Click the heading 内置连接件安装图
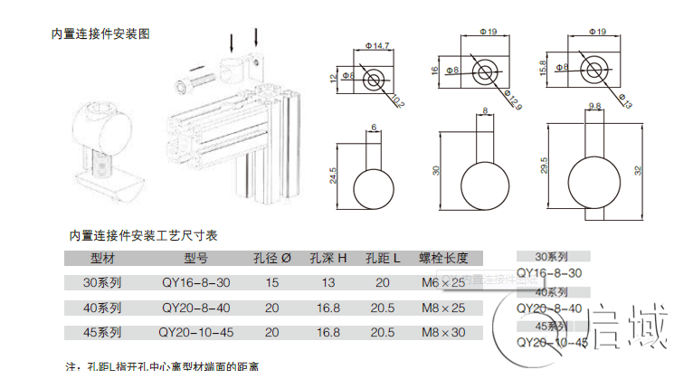pyautogui.click(x=100, y=33)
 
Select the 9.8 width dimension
pyautogui.click(x=594, y=107)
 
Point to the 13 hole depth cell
pyautogui.click(x=328, y=282)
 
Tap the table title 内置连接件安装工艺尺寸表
pyautogui.click(x=144, y=235)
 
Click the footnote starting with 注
pyautogui.click(x=163, y=367)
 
